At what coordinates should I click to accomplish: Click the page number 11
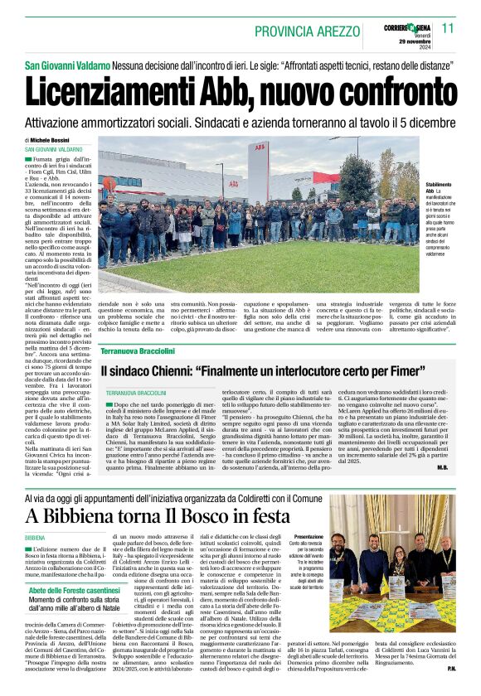[448, 28]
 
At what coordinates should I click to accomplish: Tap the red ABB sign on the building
[260, 147]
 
